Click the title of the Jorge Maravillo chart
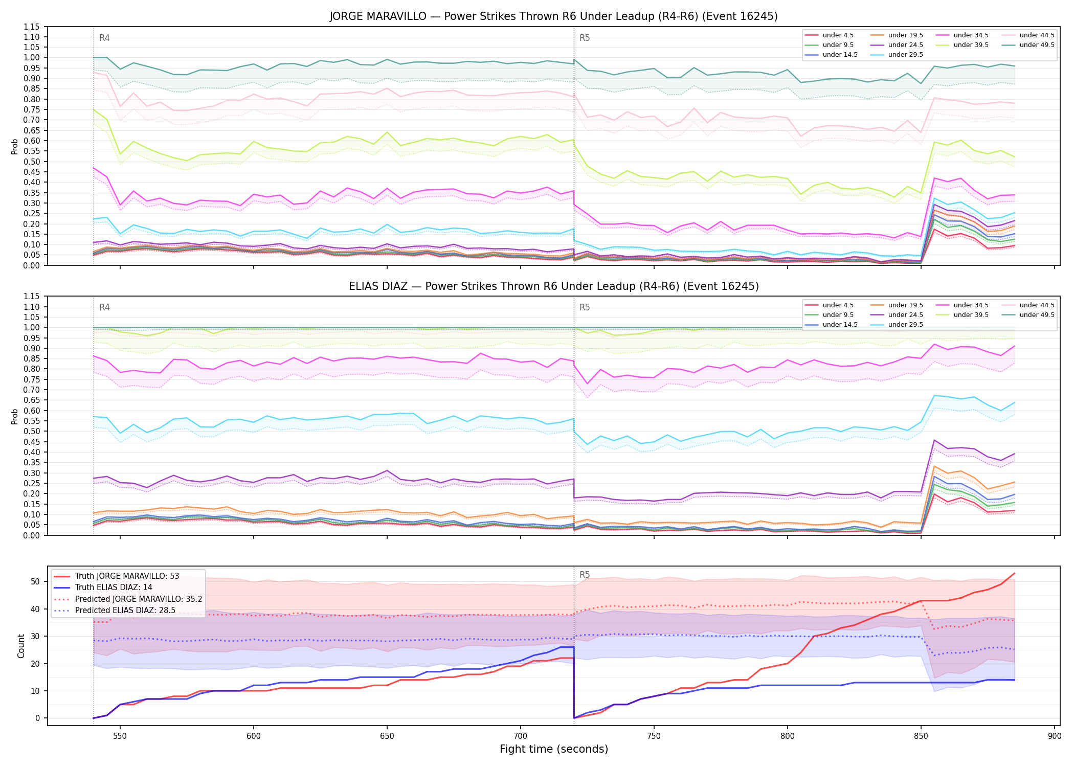[x=553, y=16]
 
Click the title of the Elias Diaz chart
[x=553, y=286]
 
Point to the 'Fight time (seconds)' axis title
[x=554, y=750]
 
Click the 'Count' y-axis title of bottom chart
[x=21, y=646]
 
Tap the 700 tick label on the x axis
[x=520, y=736]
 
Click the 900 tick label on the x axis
[x=1054, y=736]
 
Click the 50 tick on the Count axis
[x=35, y=581]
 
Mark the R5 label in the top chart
[x=585, y=38]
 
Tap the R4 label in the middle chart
[x=104, y=307]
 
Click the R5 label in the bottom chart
[x=585, y=575]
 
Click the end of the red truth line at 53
[x=1014, y=574]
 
